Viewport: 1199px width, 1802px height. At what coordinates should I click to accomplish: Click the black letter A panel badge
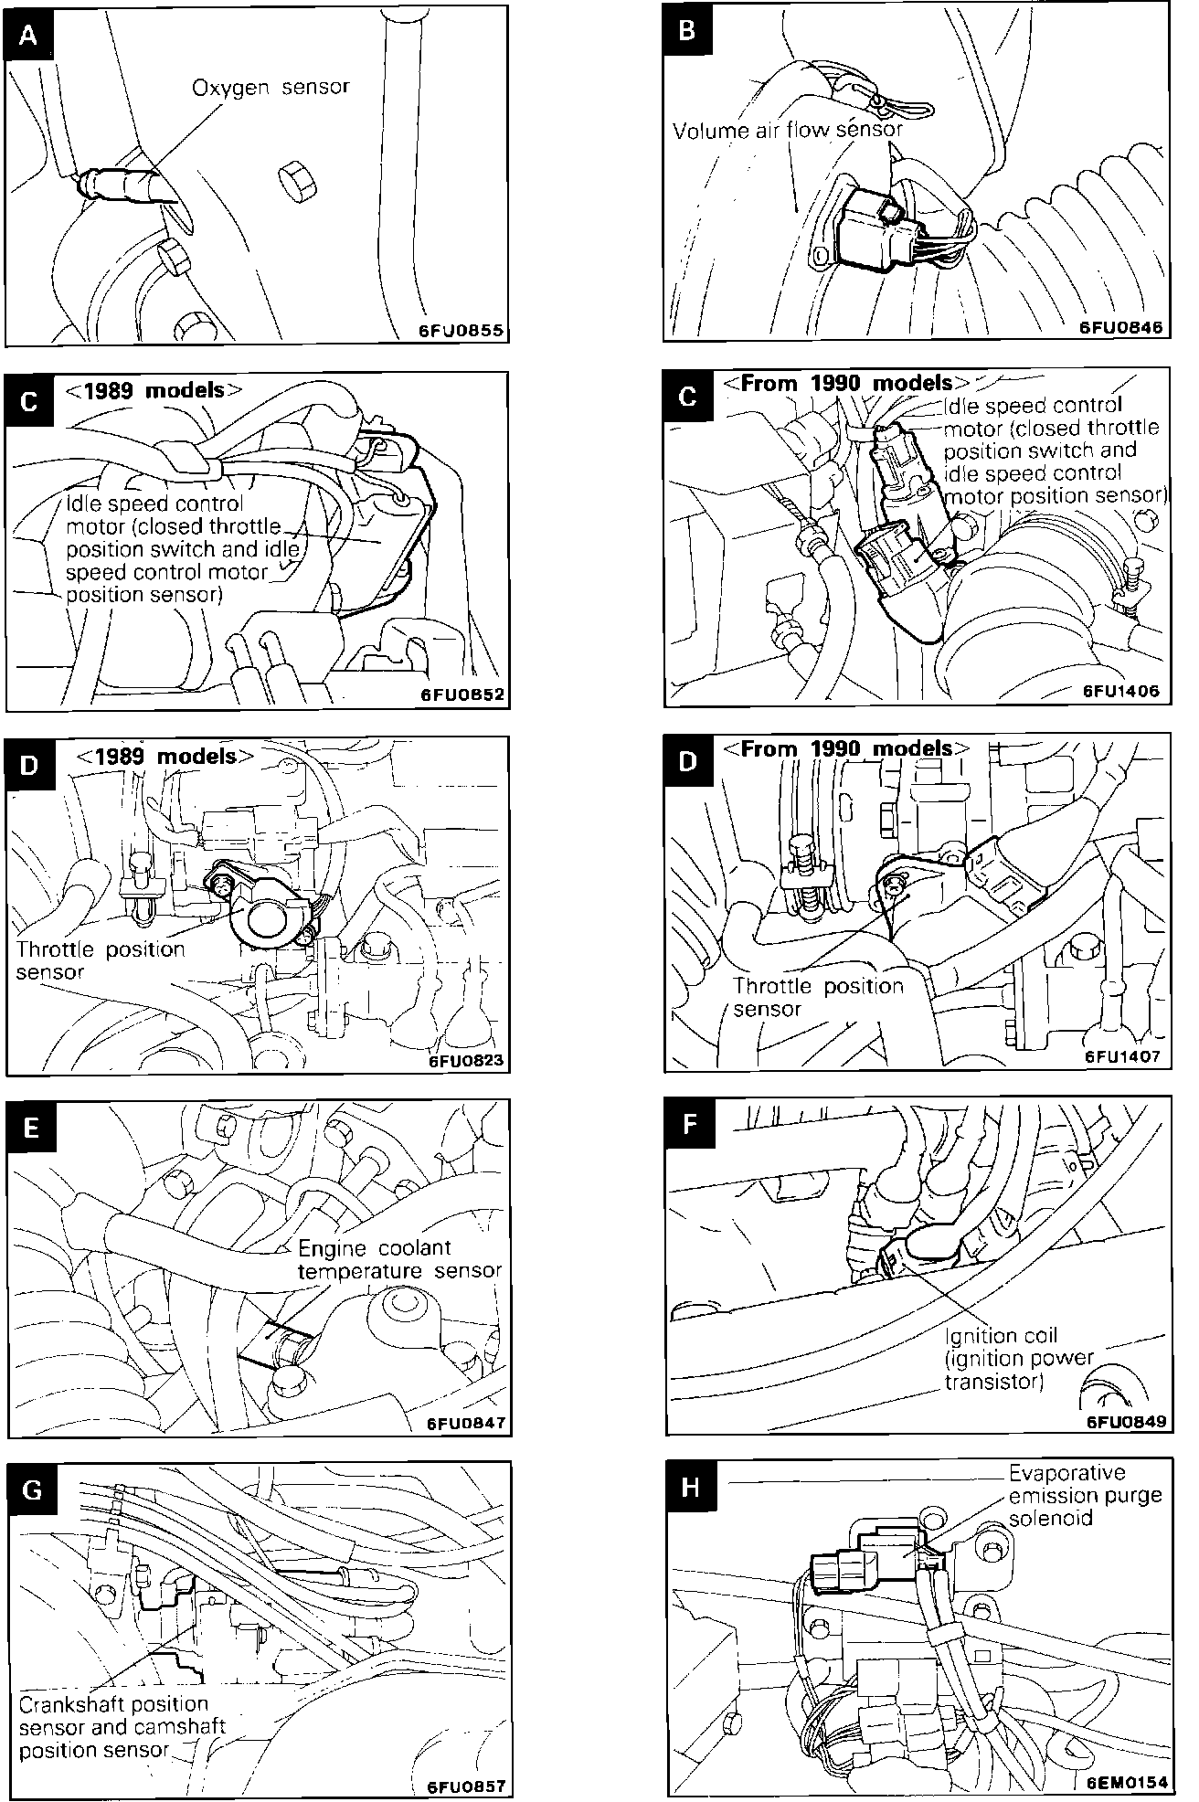(x=29, y=36)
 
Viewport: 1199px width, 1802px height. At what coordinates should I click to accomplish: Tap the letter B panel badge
(x=687, y=30)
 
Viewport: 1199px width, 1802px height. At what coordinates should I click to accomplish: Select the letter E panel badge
(x=31, y=1128)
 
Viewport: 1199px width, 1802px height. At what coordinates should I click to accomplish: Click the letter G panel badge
(x=31, y=1489)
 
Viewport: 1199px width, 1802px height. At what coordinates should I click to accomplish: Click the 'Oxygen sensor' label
(x=271, y=88)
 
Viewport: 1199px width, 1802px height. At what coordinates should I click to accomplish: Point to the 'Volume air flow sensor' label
(x=787, y=131)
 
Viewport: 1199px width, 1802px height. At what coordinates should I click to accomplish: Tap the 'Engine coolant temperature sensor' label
(x=399, y=1259)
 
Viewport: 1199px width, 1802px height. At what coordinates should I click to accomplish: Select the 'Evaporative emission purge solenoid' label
(x=1085, y=1496)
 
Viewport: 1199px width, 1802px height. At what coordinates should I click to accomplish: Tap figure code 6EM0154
(x=1123, y=1783)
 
